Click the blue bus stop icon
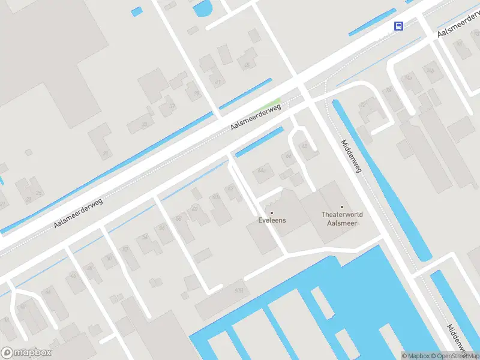398,26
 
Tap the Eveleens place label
272,220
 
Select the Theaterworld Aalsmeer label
342,218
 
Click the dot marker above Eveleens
272,212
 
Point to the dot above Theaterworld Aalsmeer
342,207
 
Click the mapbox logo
26,353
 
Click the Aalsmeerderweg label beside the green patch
256,118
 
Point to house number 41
217,81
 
